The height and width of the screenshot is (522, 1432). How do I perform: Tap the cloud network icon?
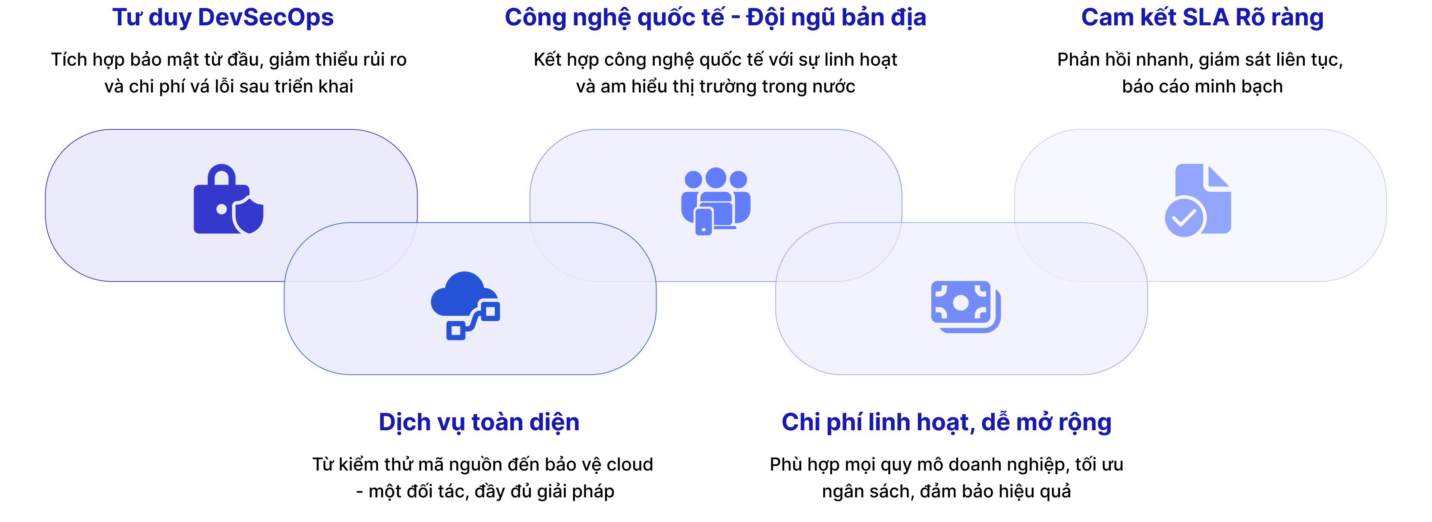tap(465, 305)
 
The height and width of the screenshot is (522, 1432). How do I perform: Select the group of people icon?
tap(715, 201)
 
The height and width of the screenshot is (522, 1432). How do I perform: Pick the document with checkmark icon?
tap(1198, 200)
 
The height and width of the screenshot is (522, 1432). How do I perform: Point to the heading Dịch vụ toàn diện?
tap(479, 422)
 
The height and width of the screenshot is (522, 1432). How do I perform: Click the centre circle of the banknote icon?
tap(961, 302)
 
